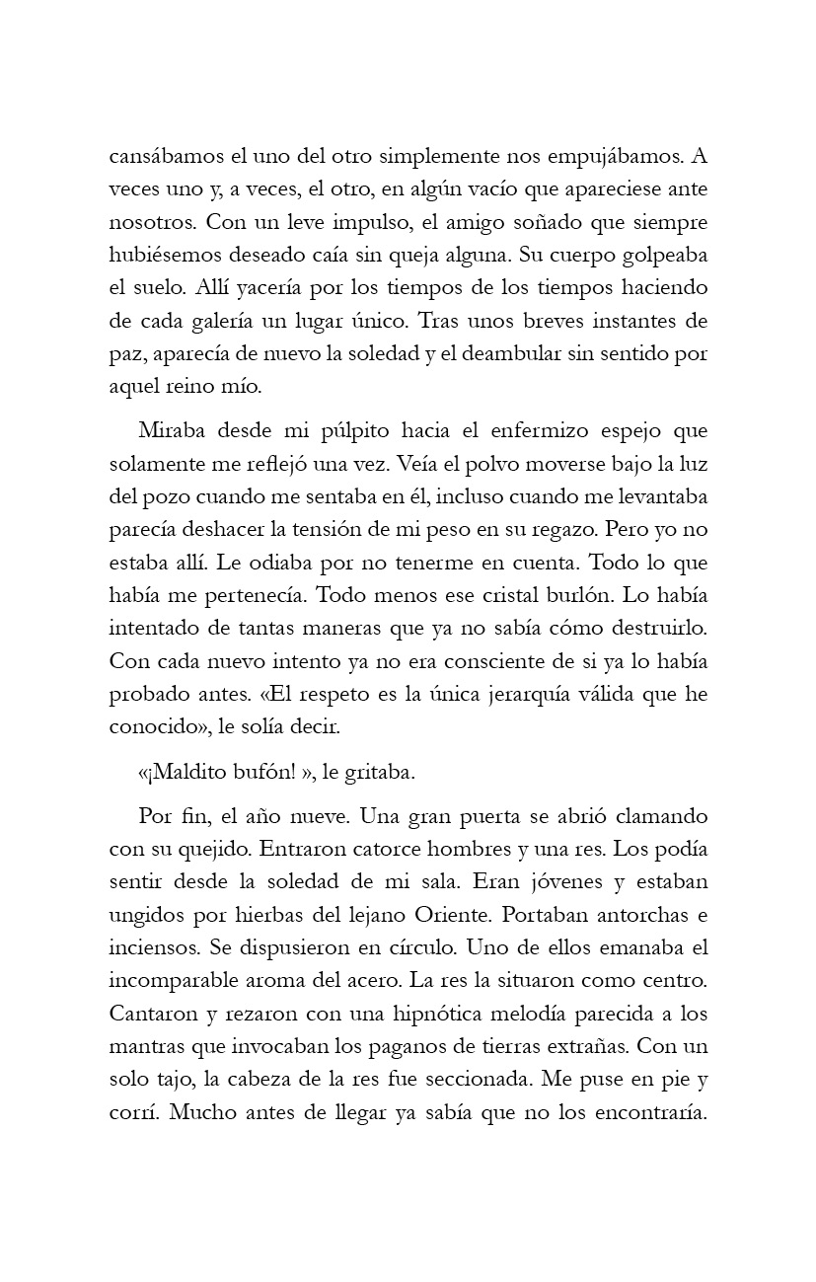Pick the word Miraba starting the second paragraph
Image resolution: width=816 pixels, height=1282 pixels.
[172, 430]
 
